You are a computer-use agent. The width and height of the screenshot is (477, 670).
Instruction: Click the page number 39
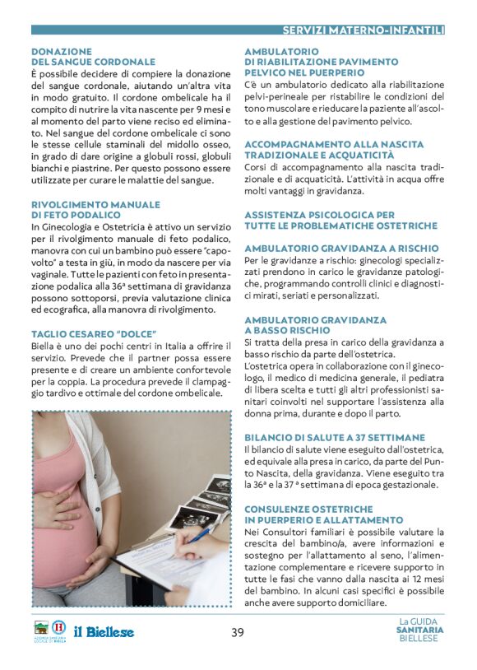click(238, 632)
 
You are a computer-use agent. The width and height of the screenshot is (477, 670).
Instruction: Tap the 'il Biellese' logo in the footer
click(104, 632)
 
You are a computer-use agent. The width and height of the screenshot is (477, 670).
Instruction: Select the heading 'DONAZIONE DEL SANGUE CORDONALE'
click(93, 57)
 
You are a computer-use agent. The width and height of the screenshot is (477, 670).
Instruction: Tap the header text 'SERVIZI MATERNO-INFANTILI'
click(363, 30)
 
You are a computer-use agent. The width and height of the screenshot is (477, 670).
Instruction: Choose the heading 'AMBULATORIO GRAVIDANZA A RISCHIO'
click(341, 248)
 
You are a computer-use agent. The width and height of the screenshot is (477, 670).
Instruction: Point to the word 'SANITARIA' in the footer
click(419, 630)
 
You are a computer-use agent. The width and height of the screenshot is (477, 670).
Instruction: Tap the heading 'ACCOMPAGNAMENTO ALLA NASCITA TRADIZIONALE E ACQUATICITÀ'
click(334, 149)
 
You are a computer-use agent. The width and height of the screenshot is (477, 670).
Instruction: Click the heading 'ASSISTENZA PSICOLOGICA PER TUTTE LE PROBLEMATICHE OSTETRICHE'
click(340, 220)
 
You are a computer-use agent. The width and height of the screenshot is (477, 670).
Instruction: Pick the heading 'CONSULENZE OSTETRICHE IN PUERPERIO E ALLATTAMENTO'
click(324, 514)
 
